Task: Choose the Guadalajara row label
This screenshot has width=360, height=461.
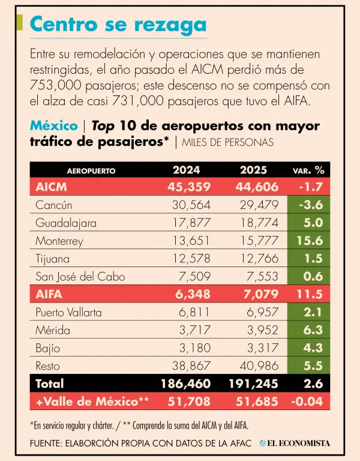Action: pyautogui.click(x=65, y=223)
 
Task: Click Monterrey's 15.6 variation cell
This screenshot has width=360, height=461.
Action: pyautogui.click(x=310, y=241)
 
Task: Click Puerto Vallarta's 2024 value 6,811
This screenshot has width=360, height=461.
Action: pyautogui.click(x=193, y=312)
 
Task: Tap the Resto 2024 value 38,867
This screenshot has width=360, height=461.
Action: pyautogui.click(x=190, y=366)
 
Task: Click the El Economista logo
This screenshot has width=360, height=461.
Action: pyautogui.click(x=295, y=443)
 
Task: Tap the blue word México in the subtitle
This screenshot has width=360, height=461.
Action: pyautogui.click(x=53, y=126)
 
